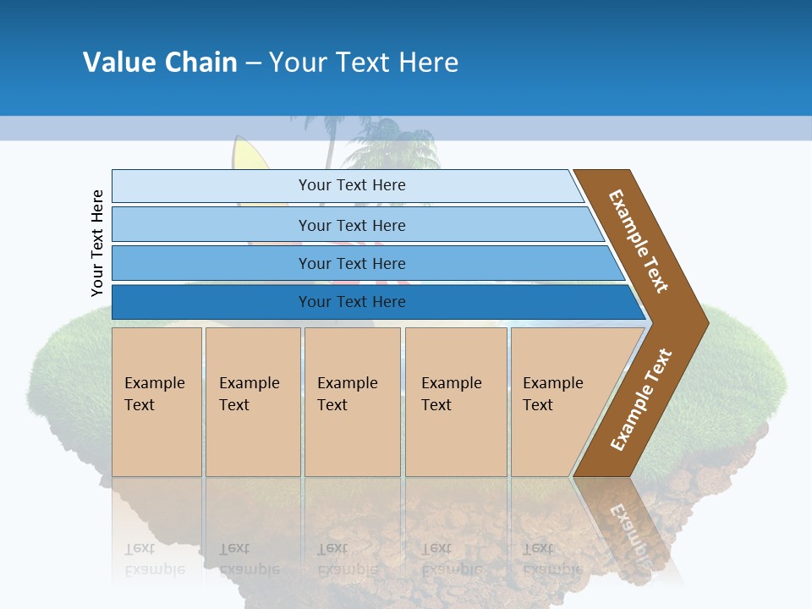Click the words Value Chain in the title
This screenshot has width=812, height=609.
[x=160, y=62]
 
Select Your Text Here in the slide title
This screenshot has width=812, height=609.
[x=364, y=62]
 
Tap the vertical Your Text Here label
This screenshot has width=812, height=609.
[x=97, y=243]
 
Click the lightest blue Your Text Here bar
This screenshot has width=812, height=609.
[x=351, y=185]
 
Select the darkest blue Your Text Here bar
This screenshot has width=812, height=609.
[x=351, y=302]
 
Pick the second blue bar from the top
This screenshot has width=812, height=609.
[x=351, y=225]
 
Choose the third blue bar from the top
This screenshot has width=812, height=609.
[x=351, y=263]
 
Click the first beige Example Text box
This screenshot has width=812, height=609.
[x=156, y=402]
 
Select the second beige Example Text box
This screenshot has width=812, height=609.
[x=252, y=402]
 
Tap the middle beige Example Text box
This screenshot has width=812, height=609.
[x=352, y=402]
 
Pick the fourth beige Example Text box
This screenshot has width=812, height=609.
[x=456, y=402]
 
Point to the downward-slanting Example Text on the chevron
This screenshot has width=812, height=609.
[x=639, y=241]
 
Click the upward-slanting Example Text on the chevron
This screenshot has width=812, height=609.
[x=640, y=400]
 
